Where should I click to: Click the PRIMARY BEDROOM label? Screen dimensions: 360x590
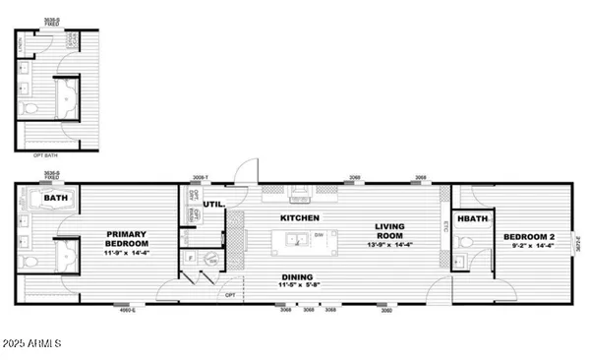(127, 238)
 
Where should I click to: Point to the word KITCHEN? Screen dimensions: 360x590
(300, 216)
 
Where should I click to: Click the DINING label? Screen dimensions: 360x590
(298, 277)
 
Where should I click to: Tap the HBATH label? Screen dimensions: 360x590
(473, 218)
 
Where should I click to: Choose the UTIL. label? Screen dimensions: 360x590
(212, 204)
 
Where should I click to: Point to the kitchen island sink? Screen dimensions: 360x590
(291, 238)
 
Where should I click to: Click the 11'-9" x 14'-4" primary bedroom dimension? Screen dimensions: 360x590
(127, 254)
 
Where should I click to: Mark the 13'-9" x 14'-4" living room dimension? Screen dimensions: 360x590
(390, 242)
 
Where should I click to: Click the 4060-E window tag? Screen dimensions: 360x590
(127, 312)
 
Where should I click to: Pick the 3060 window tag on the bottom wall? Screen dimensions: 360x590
(386, 311)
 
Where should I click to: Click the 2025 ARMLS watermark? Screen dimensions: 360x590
(32, 343)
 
